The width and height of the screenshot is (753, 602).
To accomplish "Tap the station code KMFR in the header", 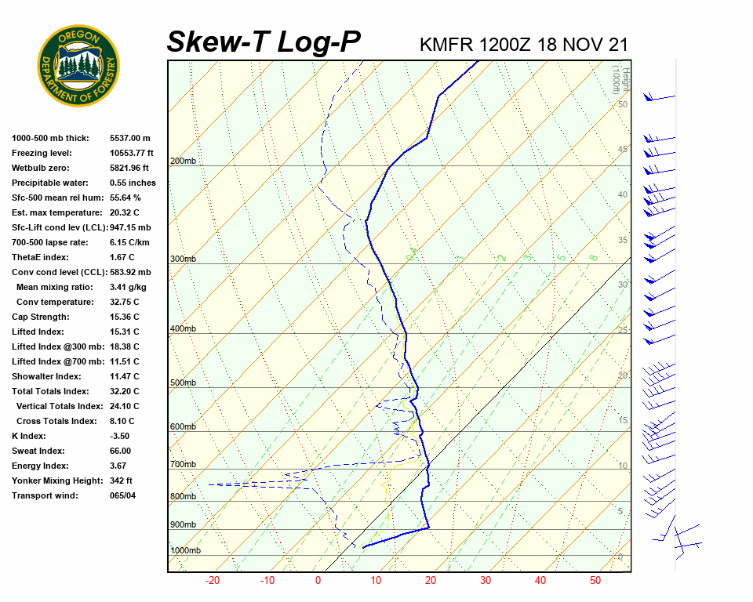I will point(447,45).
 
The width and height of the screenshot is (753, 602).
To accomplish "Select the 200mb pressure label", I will point(183,161).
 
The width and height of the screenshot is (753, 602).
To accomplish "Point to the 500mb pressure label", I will point(183,383).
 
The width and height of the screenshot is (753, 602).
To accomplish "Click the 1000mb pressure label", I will point(185,551).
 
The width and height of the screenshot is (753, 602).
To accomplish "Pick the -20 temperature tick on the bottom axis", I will point(212,581).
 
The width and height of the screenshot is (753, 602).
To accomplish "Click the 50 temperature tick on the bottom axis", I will point(595,581).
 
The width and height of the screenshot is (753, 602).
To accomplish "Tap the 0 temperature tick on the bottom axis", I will point(318,581).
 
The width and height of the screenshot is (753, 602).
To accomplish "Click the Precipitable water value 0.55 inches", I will point(133,183).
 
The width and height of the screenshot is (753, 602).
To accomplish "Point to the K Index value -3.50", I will point(120,436).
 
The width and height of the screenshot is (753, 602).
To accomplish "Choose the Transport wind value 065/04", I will point(123,495).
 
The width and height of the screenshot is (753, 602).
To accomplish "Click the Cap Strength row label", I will point(40,317).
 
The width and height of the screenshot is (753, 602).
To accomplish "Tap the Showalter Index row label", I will point(47,376).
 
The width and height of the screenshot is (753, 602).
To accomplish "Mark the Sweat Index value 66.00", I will point(121,451).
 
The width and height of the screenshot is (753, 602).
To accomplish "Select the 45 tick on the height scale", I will point(623,149).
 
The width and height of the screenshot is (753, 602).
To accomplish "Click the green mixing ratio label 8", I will point(594,256).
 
